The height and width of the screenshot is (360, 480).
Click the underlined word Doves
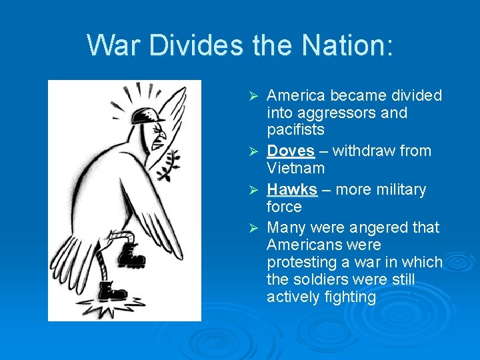tap(290, 151)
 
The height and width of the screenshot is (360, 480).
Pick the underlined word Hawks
tap(291, 190)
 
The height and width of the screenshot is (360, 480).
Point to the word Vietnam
tap(295, 169)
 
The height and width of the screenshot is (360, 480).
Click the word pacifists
tap(295, 130)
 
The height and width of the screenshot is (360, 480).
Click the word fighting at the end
tap(348, 297)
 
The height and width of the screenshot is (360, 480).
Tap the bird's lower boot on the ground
tap(112, 291)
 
